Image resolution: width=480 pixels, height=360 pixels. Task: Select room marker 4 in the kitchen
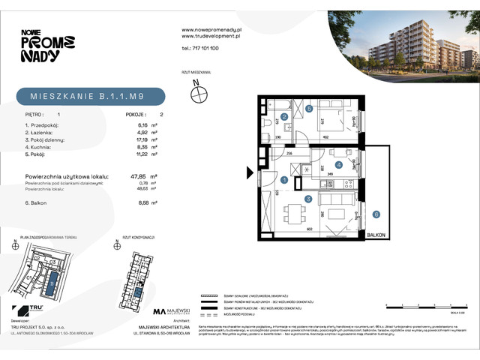(339, 165)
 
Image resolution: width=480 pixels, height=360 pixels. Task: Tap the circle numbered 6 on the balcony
(376, 214)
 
